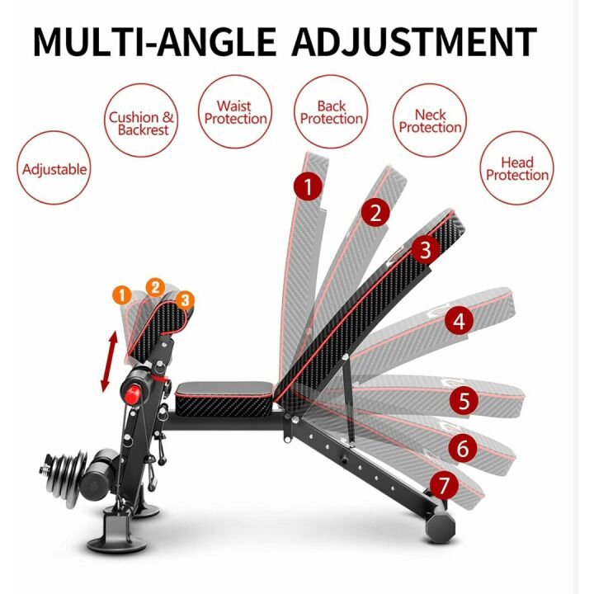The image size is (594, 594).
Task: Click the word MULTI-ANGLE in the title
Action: click(153, 41)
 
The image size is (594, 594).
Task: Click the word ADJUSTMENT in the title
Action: click(414, 41)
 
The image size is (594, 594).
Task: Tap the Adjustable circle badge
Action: click(54, 170)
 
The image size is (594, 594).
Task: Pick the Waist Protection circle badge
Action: click(236, 112)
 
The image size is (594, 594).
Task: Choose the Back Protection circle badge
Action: click(332, 112)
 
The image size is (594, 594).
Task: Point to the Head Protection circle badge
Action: click(516, 169)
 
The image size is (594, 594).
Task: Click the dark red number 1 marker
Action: click(308, 187)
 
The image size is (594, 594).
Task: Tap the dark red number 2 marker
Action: click(375, 214)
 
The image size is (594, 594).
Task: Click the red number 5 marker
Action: click(464, 401)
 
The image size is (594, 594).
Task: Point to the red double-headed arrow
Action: click(106, 363)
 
